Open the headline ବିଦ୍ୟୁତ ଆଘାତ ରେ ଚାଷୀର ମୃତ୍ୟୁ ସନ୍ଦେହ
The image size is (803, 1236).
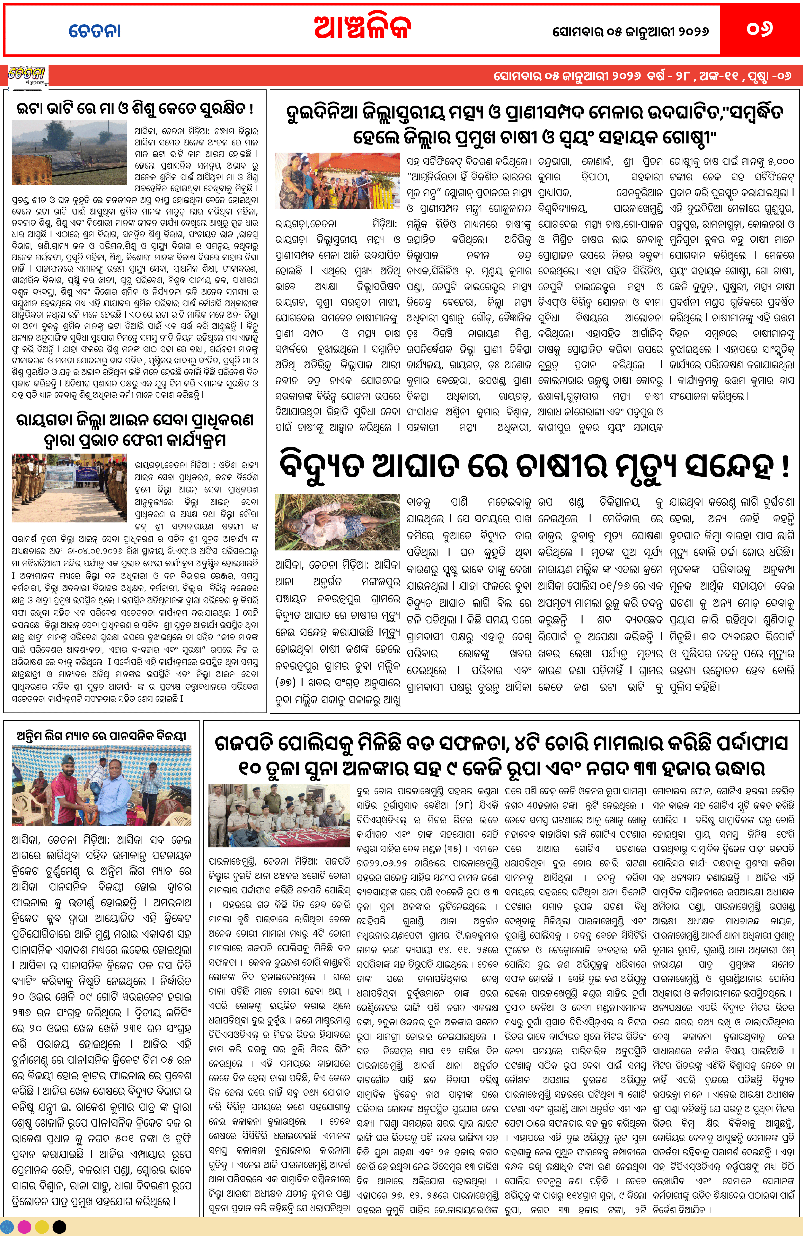tap(534, 466)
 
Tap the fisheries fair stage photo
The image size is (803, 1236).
tap(338, 180)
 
